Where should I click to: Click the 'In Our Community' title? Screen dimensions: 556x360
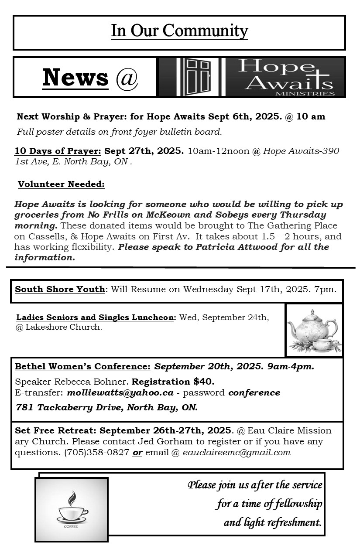(179, 31)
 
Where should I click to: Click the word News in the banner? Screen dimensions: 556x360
(75, 77)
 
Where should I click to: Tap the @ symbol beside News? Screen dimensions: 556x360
(127, 78)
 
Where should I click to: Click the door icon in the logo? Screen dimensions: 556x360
(199, 77)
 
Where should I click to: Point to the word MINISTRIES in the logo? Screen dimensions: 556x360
(312, 93)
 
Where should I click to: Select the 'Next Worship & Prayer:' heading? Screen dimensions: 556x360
(72, 117)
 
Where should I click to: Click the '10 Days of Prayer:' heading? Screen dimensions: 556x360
(58, 151)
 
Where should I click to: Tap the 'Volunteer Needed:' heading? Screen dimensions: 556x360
(61, 184)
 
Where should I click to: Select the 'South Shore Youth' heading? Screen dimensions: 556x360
(60, 290)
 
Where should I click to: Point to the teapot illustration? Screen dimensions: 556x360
(314, 330)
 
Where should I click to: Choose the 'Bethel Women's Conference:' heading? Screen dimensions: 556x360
(82, 366)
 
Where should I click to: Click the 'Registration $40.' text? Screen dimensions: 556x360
(173, 382)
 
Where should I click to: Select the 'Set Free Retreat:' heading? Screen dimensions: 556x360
(55, 430)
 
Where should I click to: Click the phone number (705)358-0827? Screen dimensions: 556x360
(96, 452)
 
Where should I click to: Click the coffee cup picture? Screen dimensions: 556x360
(72, 509)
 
